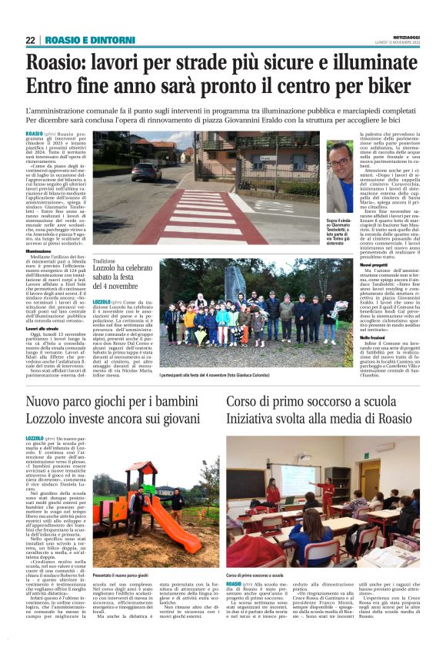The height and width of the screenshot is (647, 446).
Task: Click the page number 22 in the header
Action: [31, 40]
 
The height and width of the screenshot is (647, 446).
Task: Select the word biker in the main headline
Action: [394, 85]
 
